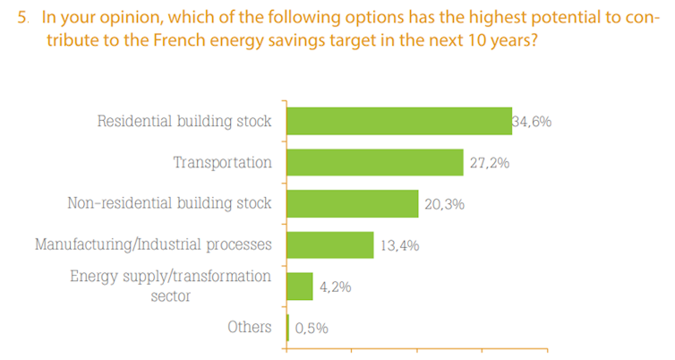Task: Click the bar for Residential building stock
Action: (x=399, y=121)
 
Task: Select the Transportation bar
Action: (x=375, y=162)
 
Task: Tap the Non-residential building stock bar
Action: (x=353, y=203)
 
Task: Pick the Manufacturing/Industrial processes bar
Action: (x=330, y=244)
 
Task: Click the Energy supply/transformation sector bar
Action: (x=300, y=287)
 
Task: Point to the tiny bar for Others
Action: (x=288, y=327)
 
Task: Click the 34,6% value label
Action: (x=532, y=122)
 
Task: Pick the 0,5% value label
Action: (x=312, y=328)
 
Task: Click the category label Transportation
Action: (x=222, y=163)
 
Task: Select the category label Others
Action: (x=249, y=327)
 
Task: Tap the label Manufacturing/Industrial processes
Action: (x=152, y=244)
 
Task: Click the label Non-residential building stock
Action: (x=169, y=203)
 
